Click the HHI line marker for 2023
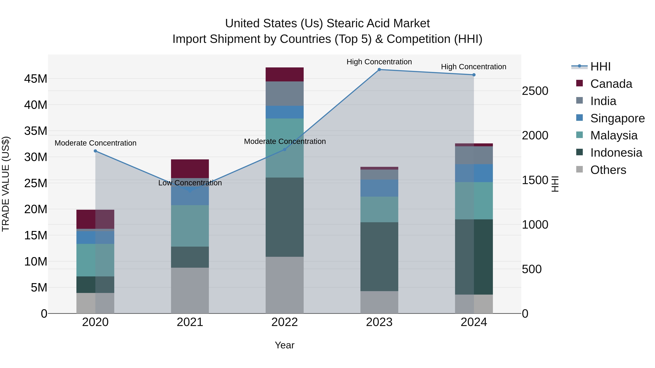click(379, 69)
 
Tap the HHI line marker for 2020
click(95, 151)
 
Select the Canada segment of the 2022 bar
click(285, 74)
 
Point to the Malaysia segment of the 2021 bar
click(190, 226)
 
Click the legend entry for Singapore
click(617, 118)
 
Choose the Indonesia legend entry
click(616, 153)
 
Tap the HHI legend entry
click(600, 67)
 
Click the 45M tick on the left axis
click(36, 79)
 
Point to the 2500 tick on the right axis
click(535, 91)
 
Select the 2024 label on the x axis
click(474, 322)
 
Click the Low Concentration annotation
click(190, 183)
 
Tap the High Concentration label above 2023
click(379, 62)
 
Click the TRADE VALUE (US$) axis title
click(6, 184)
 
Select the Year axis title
click(285, 345)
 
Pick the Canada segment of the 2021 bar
click(190, 169)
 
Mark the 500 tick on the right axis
click(532, 269)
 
